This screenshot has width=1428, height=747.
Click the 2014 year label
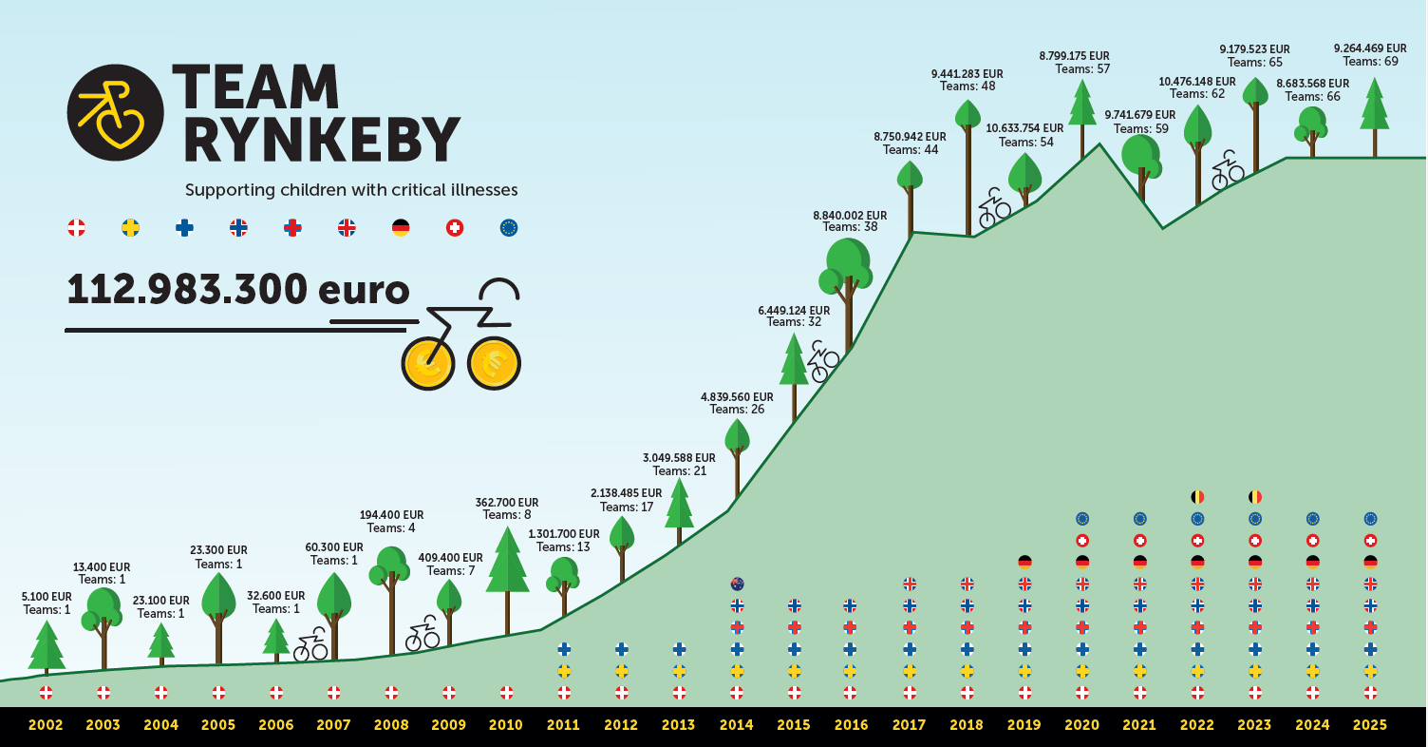pyautogui.click(x=736, y=725)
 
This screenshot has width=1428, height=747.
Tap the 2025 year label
pyautogui.click(x=1369, y=725)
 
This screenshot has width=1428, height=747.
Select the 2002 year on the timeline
pyautogui.click(x=46, y=725)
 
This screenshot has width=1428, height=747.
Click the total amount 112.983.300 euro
pyautogui.click(x=237, y=290)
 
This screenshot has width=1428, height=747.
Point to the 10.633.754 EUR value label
pyautogui.click(x=1024, y=128)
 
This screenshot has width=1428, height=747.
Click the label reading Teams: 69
pyautogui.click(x=1370, y=62)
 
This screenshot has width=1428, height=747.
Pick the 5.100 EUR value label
pyautogui.click(x=46, y=597)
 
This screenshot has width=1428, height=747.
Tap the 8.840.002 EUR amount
pyautogui.click(x=850, y=216)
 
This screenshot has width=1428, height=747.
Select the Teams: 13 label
pyautogui.click(x=563, y=547)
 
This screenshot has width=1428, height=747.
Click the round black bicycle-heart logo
pyautogui.click(x=115, y=112)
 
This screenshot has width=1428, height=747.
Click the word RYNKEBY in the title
pyautogui.click(x=321, y=141)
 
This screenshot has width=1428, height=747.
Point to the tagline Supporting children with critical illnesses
pyautogui.click(x=351, y=190)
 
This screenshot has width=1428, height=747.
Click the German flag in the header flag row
pyautogui.click(x=401, y=228)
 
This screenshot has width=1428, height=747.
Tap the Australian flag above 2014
pyautogui.click(x=737, y=584)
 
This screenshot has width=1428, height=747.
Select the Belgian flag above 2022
pyautogui.click(x=1197, y=496)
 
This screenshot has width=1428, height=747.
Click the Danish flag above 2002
pyautogui.click(x=46, y=692)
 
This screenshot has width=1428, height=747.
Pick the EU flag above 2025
pyautogui.click(x=1370, y=519)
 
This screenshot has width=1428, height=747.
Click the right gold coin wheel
pyautogui.click(x=494, y=363)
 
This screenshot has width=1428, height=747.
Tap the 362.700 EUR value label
pyautogui.click(x=506, y=503)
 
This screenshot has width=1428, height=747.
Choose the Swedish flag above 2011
pyautogui.click(x=564, y=671)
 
